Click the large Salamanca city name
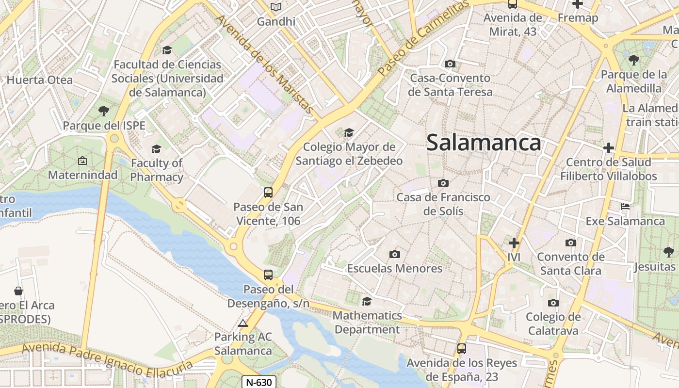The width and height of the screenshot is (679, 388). (484, 143)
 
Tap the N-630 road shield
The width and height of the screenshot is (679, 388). (259, 382)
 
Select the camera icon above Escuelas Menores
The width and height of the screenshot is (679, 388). (395, 254)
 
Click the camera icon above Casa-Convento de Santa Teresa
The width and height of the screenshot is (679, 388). (450, 64)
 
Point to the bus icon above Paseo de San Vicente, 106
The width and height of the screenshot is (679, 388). (268, 193)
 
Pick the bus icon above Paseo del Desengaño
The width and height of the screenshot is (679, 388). (268, 275)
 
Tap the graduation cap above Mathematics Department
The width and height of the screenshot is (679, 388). (367, 301)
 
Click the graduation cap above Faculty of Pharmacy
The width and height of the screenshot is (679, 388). (156, 149)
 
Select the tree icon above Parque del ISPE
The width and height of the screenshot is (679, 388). (104, 111)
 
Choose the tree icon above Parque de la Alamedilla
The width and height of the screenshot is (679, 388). (633, 60)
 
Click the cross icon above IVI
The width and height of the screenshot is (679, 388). (514, 242)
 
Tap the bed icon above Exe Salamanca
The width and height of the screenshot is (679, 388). (625, 207)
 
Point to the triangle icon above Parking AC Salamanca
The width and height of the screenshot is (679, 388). (243, 323)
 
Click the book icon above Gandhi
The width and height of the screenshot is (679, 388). (276, 7)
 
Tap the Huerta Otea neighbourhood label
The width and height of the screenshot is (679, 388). (40, 80)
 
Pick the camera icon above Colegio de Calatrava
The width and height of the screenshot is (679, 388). (553, 303)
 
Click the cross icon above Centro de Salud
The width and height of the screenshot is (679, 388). (608, 148)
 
